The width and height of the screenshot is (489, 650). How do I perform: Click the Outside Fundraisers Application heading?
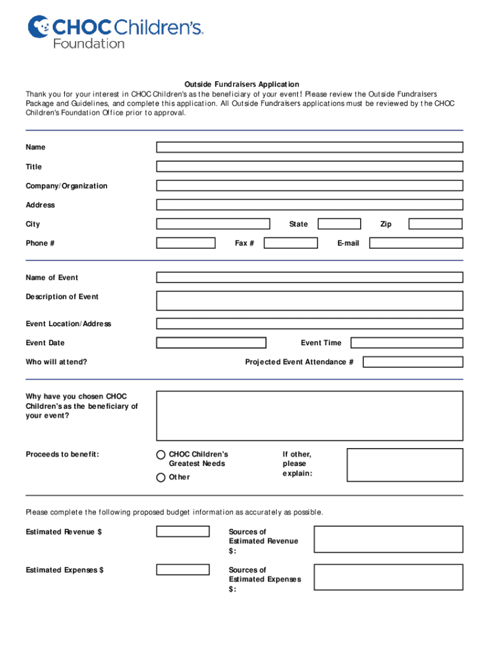click(x=242, y=84)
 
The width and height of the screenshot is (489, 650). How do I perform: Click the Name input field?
click(x=309, y=147)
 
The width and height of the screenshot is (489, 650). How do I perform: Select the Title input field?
click(x=309, y=166)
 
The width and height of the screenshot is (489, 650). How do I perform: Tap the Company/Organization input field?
click(x=309, y=186)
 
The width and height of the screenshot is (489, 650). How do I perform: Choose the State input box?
click(x=339, y=224)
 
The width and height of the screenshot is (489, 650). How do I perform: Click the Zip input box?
click(x=436, y=224)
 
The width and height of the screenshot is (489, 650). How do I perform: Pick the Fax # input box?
click(x=291, y=243)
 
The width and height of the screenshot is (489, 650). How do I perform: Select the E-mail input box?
click(x=416, y=243)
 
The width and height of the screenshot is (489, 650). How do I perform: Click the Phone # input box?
click(x=185, y=243)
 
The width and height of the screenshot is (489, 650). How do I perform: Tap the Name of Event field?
click(x=309, y=277)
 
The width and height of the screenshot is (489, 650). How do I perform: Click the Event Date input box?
click(x=211, y=343)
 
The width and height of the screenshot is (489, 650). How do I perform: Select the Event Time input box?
click(x=406, y=343)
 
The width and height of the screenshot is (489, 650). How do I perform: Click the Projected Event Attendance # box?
click(x=413, y=362)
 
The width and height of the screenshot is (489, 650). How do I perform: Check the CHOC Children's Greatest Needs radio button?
click(x=161, y=455)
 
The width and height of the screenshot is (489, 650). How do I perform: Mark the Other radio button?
click(x=161, y=477)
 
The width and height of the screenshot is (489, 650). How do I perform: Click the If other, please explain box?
click(x=405, y=465)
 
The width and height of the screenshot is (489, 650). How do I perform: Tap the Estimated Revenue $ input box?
click(x=183, y=532)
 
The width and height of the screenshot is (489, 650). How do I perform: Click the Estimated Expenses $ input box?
click(x=183, y=570)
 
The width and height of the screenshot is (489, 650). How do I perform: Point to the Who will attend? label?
click(x=57, y=362)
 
